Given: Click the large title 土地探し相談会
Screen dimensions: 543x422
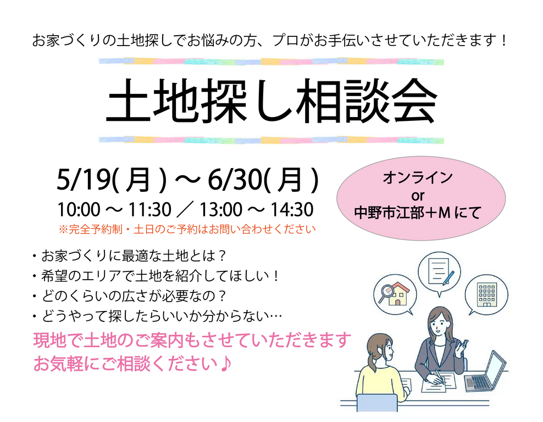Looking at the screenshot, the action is [271, 101].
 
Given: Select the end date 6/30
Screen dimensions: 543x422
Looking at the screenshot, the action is [235, 180].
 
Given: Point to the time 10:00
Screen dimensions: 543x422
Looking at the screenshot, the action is [79, 210].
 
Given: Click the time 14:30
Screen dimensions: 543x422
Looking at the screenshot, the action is [292, 210].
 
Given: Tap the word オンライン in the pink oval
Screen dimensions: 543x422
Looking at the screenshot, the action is [418, 177].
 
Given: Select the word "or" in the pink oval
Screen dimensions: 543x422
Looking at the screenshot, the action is [418, 196].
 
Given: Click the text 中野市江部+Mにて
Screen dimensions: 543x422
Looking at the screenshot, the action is [418, 213].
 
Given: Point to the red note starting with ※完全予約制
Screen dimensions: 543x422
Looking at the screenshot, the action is [187, 229].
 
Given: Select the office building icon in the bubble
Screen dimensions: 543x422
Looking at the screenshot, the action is [486, 295].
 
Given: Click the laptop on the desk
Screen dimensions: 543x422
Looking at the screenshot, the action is [485, 372].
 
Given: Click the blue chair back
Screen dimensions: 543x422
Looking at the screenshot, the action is [377, 403].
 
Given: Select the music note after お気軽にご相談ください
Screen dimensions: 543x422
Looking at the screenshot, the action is [225, 363].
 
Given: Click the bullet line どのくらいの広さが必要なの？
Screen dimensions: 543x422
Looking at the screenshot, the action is [130, 296].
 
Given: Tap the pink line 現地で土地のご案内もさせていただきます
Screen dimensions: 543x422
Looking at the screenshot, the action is [192, 340].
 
